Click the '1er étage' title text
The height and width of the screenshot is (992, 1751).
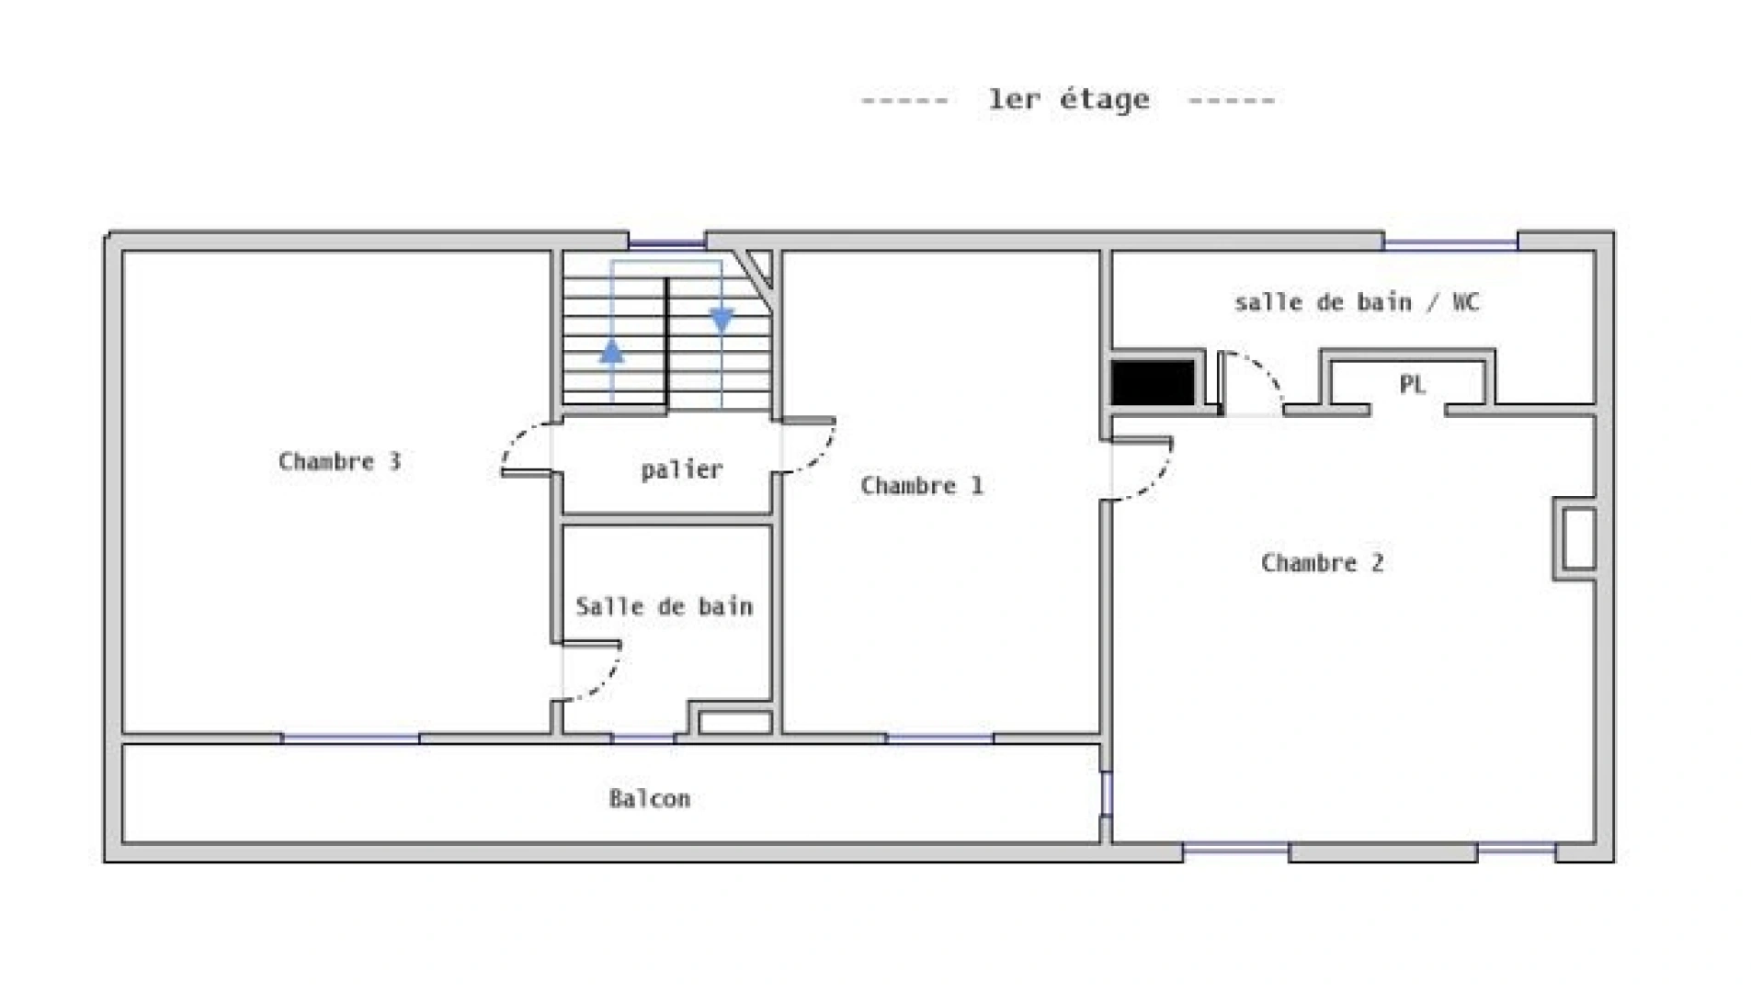pos(1068,99)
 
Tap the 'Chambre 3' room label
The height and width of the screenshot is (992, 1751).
pos(339,460)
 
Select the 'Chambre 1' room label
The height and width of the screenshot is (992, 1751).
pos(921,485)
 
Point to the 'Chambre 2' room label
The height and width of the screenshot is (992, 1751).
pos(1322,562)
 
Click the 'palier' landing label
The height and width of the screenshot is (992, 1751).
pos(681,470)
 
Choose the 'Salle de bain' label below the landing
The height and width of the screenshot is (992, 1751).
pos(664,606)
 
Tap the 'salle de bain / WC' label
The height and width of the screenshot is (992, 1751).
pos(1357,302)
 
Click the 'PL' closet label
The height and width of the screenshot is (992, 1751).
pos(1412,384)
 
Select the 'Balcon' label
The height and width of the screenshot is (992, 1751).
pos(649,798)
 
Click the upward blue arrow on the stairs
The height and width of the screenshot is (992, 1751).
pos(612,352)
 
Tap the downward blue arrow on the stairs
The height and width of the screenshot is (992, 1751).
pos(722,320)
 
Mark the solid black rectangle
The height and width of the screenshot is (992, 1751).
pos(1153,382)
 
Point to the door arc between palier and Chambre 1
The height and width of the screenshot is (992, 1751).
pos(821,457)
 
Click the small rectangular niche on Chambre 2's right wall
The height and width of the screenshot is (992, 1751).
pos(1575,538)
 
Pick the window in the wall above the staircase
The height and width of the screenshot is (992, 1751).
pos(666,244)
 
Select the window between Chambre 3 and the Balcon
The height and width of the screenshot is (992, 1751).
pos(350,738)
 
